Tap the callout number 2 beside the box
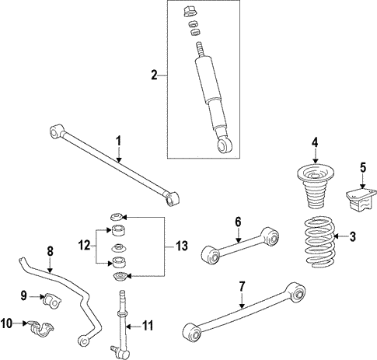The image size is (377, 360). click(154, 75)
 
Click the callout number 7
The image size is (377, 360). click(243, 286)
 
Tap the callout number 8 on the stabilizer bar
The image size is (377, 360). click(50, 250)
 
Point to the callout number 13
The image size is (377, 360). click(180, 246)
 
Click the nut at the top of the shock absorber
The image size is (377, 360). click(188, 12)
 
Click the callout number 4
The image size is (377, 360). click(315, 142)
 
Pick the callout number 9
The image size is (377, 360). click(23, 295)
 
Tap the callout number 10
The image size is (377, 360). click(9, 323)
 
